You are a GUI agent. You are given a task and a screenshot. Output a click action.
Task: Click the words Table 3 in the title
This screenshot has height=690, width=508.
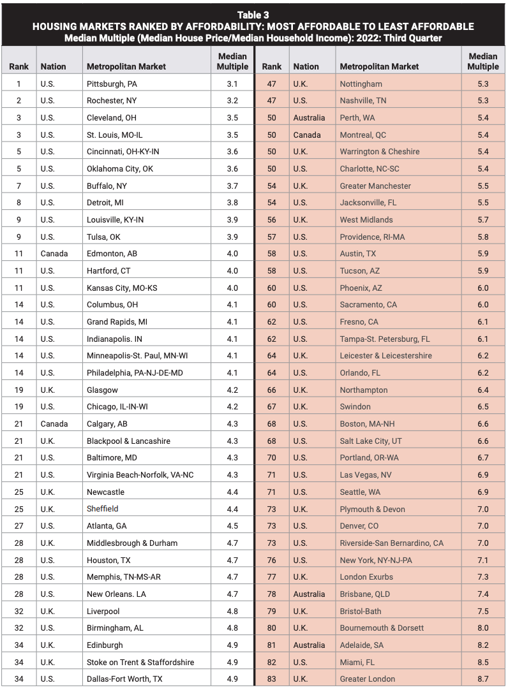253,15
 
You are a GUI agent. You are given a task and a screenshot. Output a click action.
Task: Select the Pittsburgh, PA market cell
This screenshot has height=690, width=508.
112,84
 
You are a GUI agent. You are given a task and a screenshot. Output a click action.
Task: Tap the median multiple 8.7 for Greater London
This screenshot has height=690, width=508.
482,679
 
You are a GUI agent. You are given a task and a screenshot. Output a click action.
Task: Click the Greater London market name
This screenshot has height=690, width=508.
367,679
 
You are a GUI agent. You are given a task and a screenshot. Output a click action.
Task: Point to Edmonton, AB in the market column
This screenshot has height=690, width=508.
112,254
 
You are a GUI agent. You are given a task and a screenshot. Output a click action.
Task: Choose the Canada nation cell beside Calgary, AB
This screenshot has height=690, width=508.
54,423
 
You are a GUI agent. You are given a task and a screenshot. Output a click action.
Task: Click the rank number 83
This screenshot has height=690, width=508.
271,679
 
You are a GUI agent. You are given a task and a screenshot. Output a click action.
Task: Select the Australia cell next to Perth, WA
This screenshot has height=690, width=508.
309,117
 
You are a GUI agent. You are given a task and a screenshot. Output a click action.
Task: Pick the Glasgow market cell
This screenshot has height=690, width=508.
102,390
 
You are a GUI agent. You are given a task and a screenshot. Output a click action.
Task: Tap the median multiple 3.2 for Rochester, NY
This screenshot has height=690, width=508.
232,101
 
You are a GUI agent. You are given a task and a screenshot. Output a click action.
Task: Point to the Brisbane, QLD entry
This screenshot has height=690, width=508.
365,594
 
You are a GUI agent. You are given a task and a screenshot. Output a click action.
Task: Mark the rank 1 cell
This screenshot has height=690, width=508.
19,84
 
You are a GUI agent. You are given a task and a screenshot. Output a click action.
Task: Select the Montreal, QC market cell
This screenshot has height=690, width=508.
362,135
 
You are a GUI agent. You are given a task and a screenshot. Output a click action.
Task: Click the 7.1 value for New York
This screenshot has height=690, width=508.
482,560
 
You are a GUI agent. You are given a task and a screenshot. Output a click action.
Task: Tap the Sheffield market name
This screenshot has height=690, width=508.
103,509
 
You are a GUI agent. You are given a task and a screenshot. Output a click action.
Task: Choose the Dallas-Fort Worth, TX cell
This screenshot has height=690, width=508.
124,679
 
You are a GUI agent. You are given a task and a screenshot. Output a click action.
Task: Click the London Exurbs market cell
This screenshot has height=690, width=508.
366,576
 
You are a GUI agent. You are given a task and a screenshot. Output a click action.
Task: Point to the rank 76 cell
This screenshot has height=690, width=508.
271,560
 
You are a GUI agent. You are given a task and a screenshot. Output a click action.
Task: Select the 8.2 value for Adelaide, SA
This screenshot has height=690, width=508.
482,645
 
